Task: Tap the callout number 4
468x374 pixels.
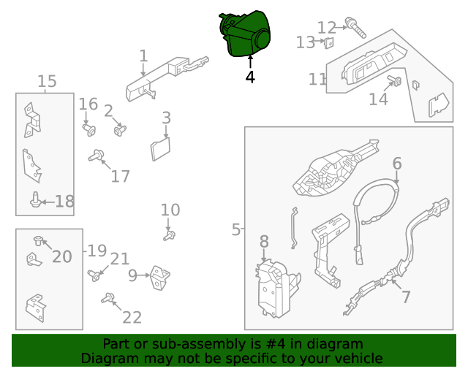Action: [x=250, y=76]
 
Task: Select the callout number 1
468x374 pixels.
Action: [x=143, y=56]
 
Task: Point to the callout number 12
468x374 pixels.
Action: [x=326, y=28]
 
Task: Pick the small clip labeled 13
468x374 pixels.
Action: [x=328, y=43]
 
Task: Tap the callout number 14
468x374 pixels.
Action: [x=378, y=99]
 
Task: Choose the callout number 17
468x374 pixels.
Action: [x=120, y=176]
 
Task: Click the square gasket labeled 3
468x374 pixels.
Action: [x=160, y=149]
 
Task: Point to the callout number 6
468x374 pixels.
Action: [x=397, y=162]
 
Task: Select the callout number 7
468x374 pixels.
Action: [x=406, y=297]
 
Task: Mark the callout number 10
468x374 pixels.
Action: [x=170, y=210]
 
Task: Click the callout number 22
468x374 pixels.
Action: [x=132, y=317]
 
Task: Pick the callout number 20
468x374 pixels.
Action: [x=62, y=256]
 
